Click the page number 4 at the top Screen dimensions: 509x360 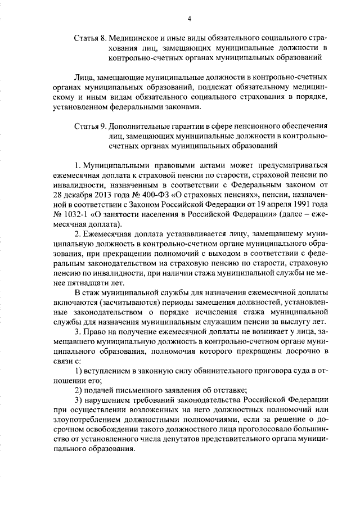click(x=190, y=19)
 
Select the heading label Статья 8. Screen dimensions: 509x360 click(x=91, y=38)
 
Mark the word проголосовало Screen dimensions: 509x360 click(x=257, y=430)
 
